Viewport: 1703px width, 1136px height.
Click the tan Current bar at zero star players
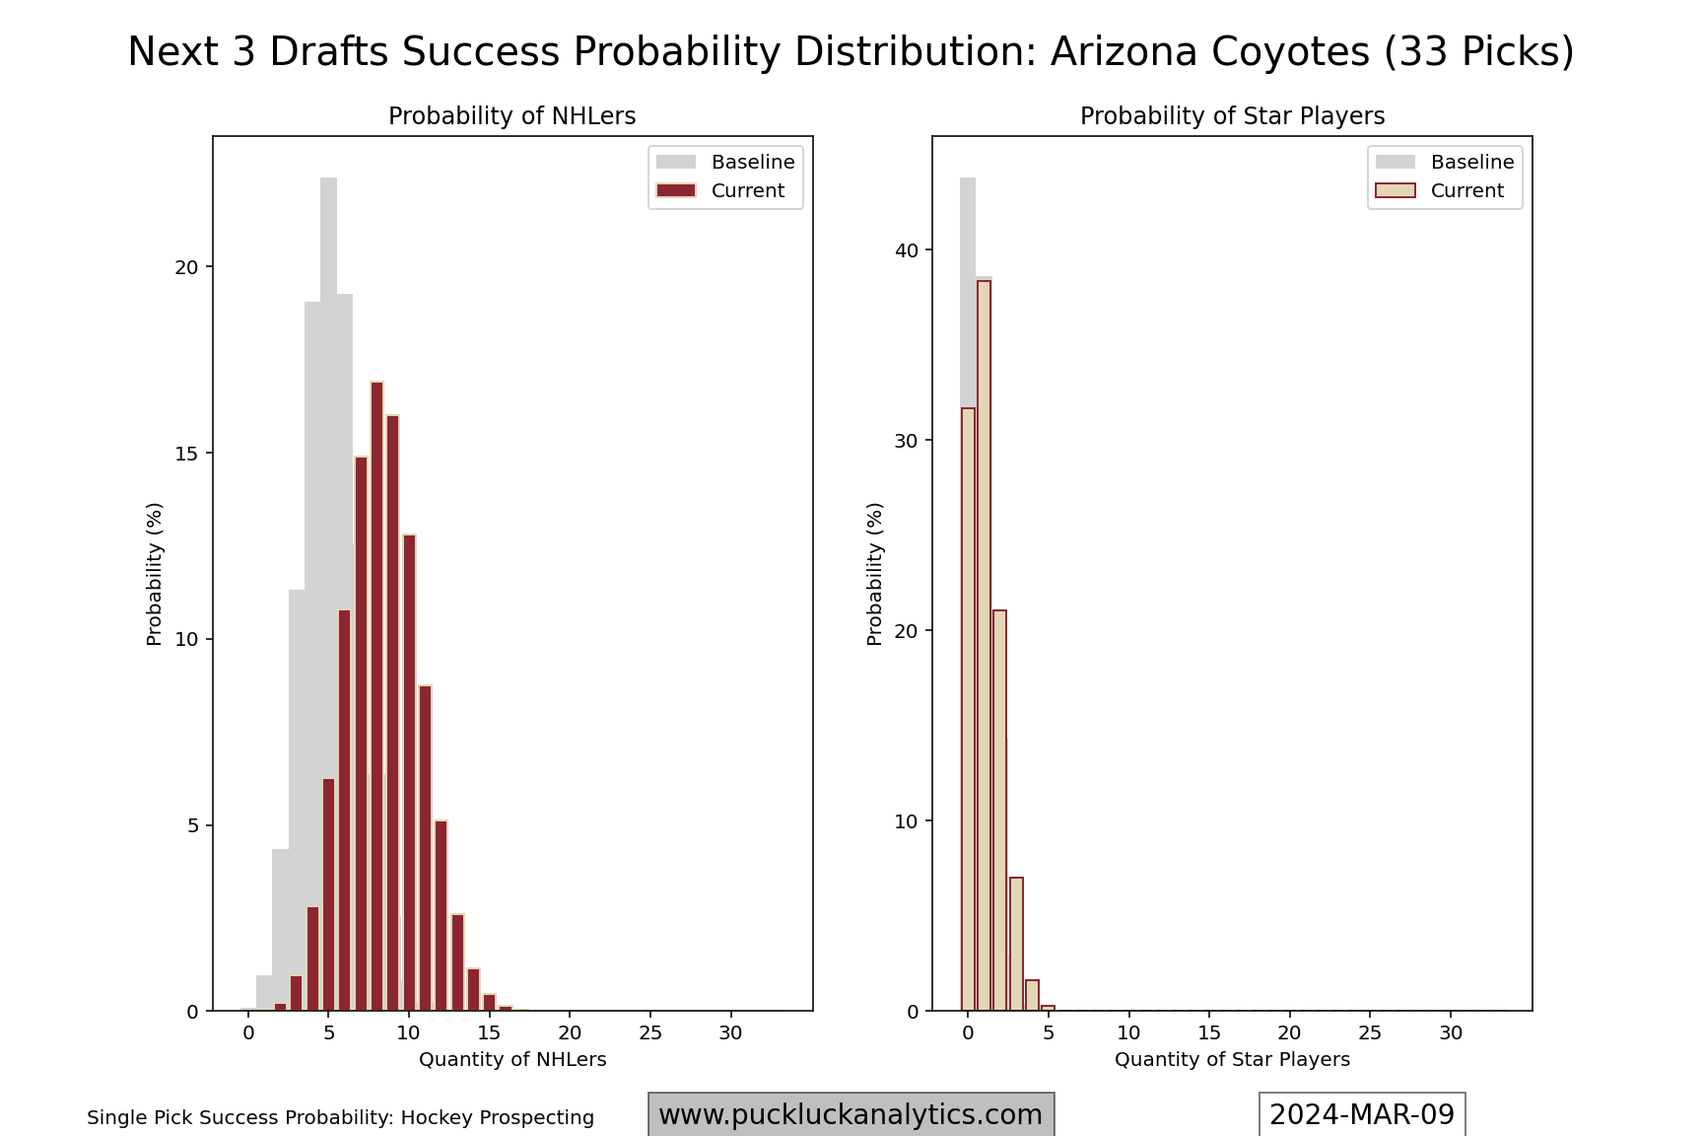point(968,710)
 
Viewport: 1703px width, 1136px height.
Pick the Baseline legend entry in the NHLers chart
point(725,162)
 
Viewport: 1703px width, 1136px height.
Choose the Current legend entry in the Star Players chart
point(1445,190)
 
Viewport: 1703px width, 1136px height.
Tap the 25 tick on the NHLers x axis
point(649,1032)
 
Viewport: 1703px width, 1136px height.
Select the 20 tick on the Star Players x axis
point(1289,1032)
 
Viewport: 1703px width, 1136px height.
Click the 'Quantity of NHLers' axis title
point(512,1060)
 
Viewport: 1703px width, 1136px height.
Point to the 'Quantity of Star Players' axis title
point(1232,1060)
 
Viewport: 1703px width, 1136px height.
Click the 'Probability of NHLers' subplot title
point(512,116)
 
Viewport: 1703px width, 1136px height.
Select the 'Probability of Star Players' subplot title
point(1232,116)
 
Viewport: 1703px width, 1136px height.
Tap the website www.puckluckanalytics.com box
point(851,1114)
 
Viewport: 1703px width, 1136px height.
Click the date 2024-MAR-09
point(1362,1114)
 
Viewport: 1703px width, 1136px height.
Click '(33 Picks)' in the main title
point(1479,52)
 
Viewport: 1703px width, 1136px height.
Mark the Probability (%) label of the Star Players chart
point(875,574)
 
